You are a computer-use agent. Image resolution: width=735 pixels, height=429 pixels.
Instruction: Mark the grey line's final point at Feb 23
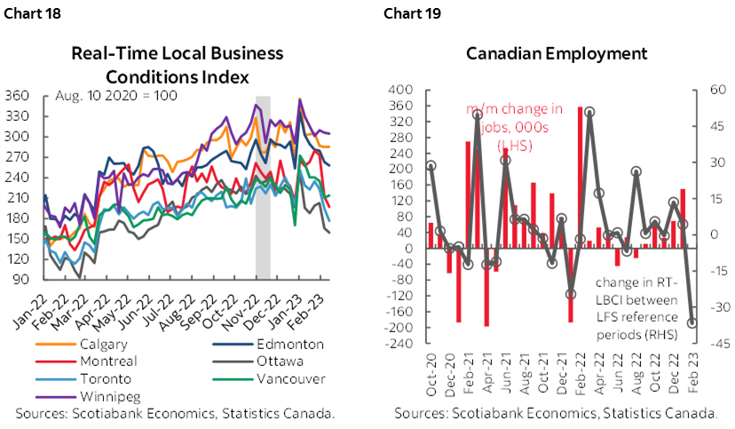point(692,323)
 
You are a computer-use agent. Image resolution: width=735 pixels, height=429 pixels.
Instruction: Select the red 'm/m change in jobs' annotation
point(516,125)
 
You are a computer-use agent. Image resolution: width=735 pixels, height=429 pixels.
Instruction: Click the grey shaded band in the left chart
point(263,187)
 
